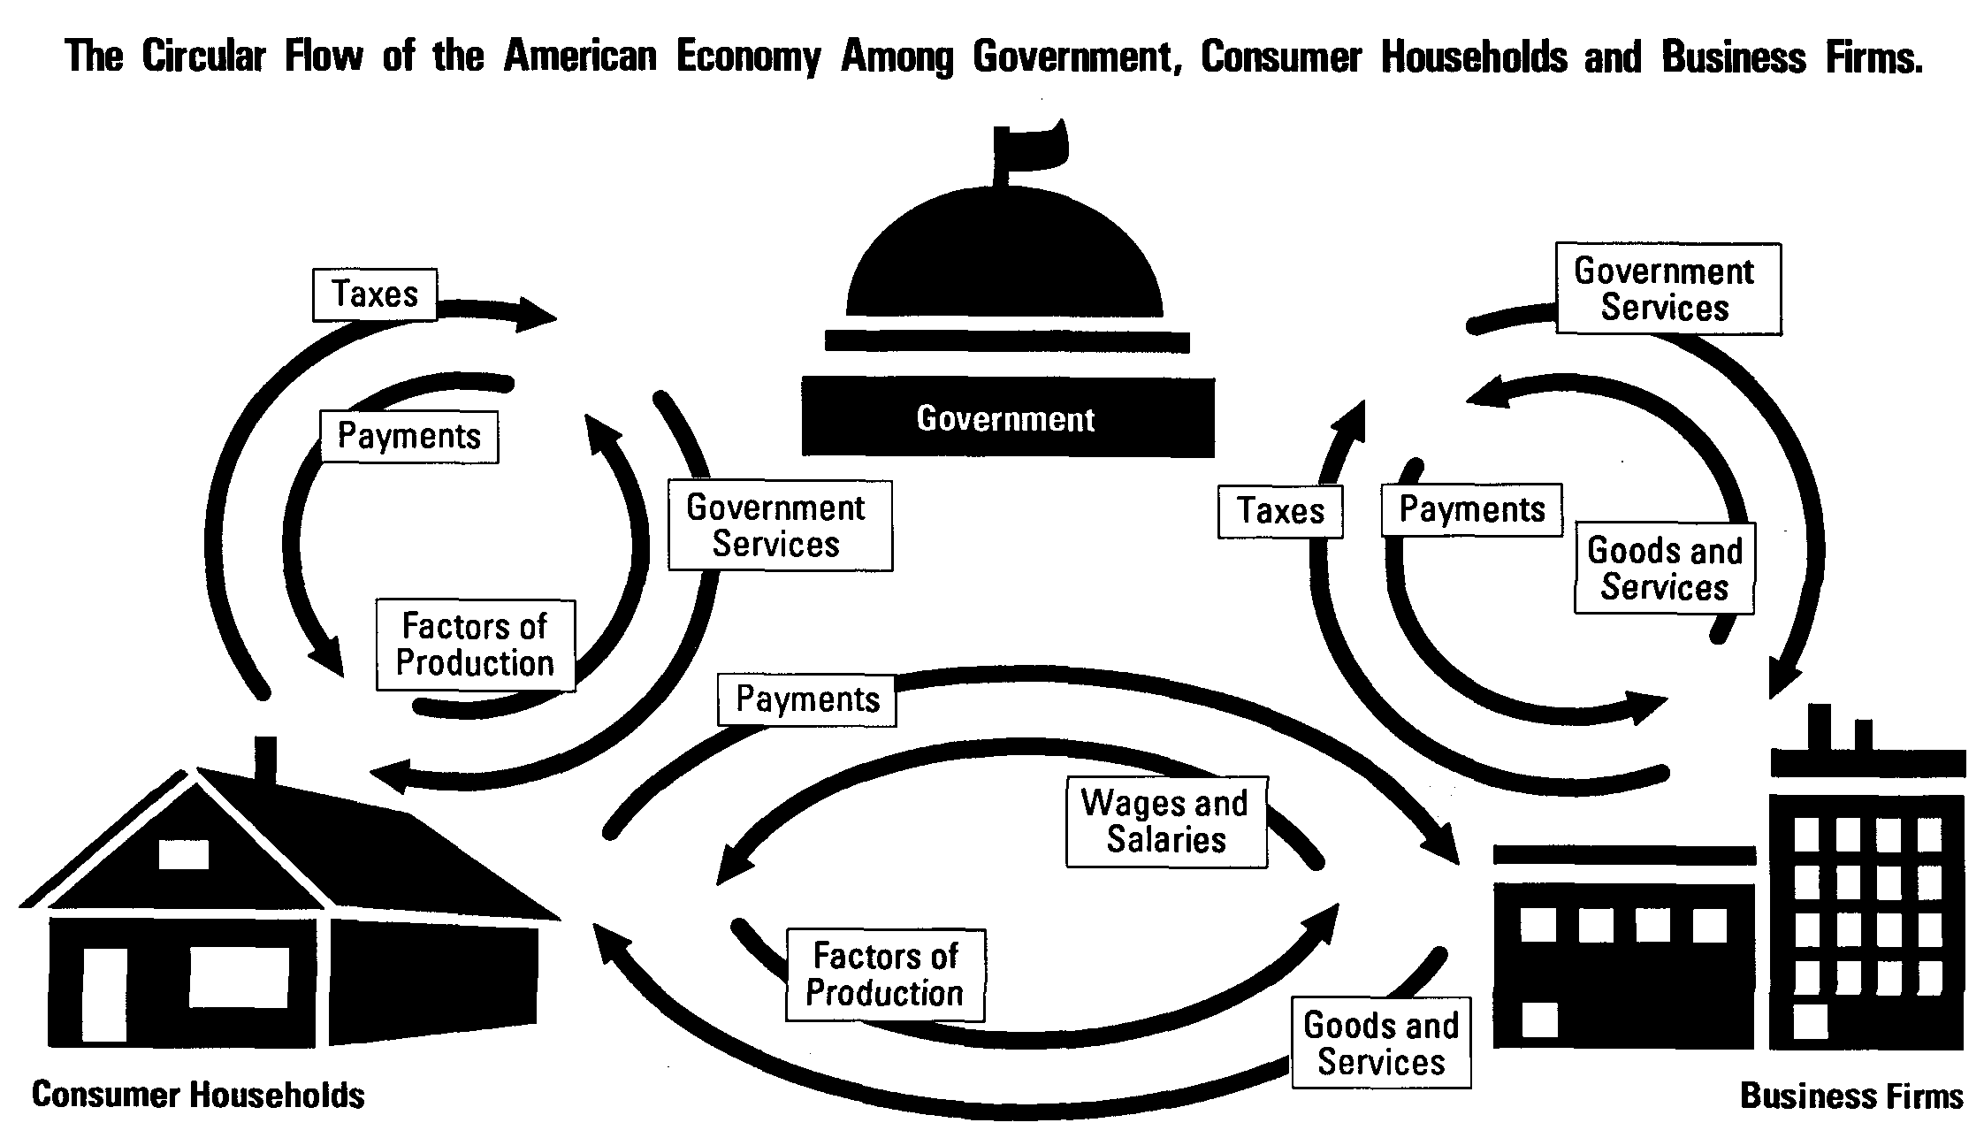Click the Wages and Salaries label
pos(1166,821)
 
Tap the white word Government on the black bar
pos(1005,418)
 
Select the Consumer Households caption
pos(198,1095)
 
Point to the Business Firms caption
pos(1851,1096)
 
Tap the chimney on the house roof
pos(265,759)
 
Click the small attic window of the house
pos(184,854)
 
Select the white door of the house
pos(104,994)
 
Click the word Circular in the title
pos(203,57)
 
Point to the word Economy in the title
pos(748,57)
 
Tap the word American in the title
pos(580,57)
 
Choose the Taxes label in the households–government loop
pos(375,294)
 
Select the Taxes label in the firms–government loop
pos(1280,511)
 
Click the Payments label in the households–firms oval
pos(807,699)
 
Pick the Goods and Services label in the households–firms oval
pos(1381,1043)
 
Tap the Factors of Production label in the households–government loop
pos(475,645)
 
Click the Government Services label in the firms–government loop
pos(1668,289)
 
